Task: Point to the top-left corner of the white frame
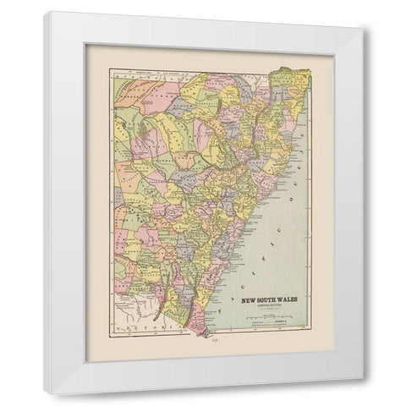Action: click(45, 12)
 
